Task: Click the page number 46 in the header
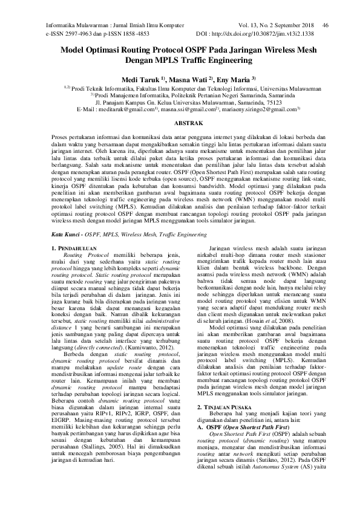(325, 25)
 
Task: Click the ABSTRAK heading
(180, 123)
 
